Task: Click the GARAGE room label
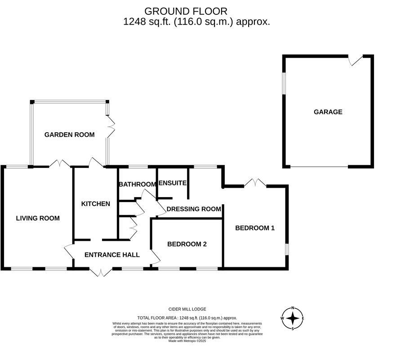pyautogui.click(x=328, y=112)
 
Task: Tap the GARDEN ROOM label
pyautogui.click(x=69, y=135)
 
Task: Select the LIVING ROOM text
pyautogui.click(x=38, y=218)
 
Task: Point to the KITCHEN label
pyautogui.click(x=95, y=204)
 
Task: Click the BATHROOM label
pyautogui.click(x=137, y=184)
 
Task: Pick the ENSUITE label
pyautogui.click(x=173, y=183)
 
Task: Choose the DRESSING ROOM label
pyautogui.click(x=194, y=209)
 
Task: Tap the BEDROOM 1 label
pyautogui.click(x=255, y=228)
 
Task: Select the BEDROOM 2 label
pyautogui.click(x=187, y=244)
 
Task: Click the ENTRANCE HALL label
pyautogui.click(x=112, y=255)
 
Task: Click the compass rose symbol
pyautogui.click(x=293, y=319)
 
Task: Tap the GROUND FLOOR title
pyautogui.click(x=186, y=11)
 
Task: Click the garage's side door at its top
pyautogui.click(x=357, y=60)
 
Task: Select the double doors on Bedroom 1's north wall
pyautogui.click(x=255, y=183)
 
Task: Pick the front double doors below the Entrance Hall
pyautogui.click(x=101, y=271)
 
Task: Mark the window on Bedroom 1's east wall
pyautogui.click(x=287, y=249)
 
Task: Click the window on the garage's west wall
pyautogui.click(x=284, y=84)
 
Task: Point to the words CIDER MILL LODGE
pyautogui.click(x=187, y=309)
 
